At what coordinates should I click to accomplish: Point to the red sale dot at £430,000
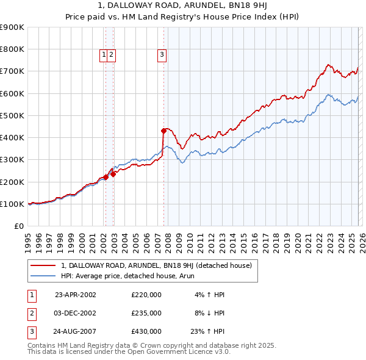163,131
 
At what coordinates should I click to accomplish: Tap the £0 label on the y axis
18,226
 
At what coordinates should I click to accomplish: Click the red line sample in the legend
44,265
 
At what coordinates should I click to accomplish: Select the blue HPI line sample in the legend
44,275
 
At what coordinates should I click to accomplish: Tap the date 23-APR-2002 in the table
76,294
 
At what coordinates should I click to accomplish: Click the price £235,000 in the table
146,313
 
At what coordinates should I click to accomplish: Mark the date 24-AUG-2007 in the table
76,332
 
